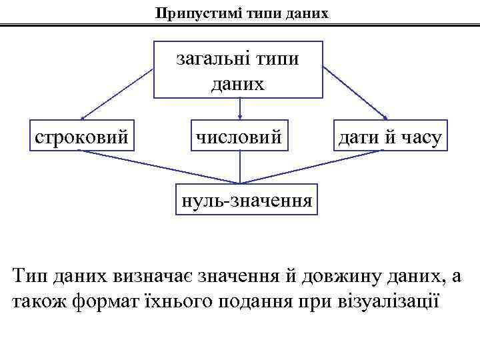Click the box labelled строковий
pyautogui.click(x=81, y=137)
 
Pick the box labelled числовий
pyautogui.click(x=239, y=137)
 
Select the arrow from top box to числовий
pyautogui.click(x=239, y=109)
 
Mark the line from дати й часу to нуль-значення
pyautogui.click(x=313, y=167)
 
